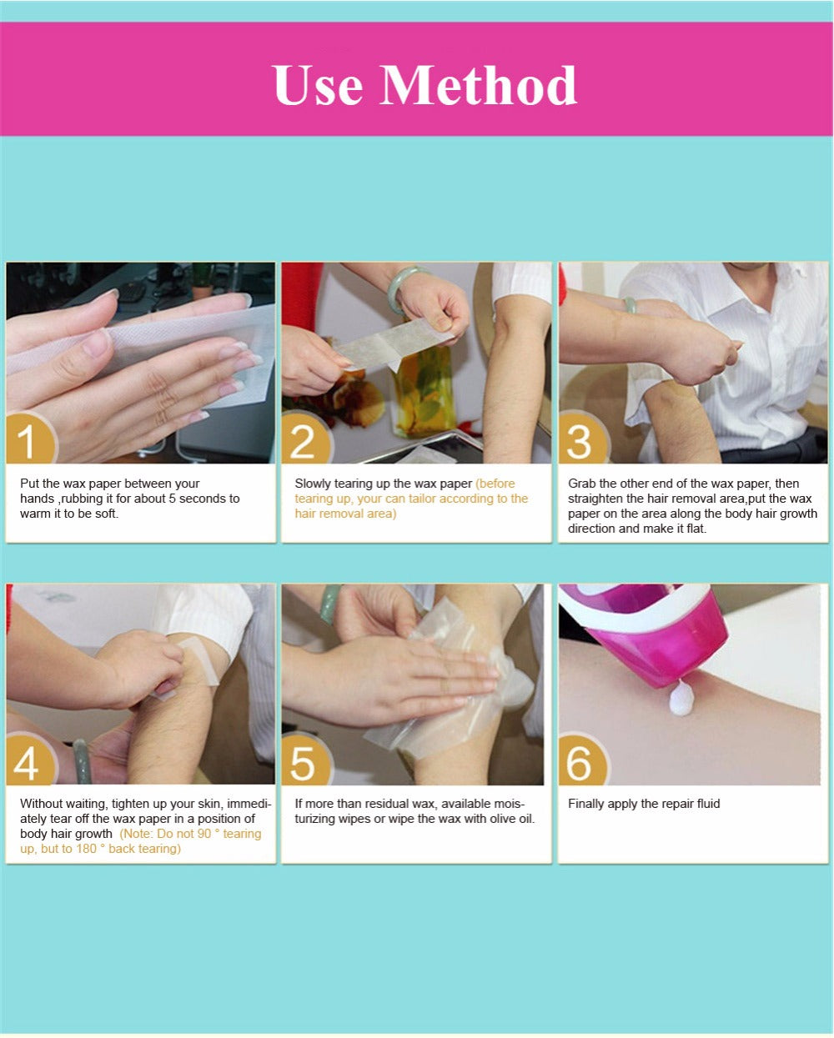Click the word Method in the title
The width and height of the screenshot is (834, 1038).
click(478, 85)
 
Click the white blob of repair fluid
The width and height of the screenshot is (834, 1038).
click(681, 699)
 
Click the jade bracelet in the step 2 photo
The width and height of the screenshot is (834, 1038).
click(401, 288)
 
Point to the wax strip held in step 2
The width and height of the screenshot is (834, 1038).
click(394, 343)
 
